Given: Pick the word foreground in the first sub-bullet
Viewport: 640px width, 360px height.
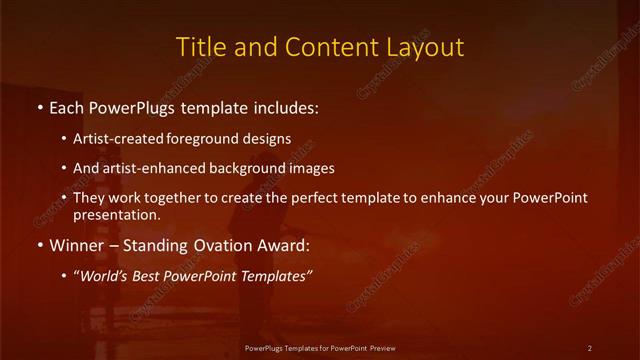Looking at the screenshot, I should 207,138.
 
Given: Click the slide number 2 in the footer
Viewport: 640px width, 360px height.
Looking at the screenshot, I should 590,348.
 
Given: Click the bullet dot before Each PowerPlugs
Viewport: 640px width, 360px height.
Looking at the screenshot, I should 39,107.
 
